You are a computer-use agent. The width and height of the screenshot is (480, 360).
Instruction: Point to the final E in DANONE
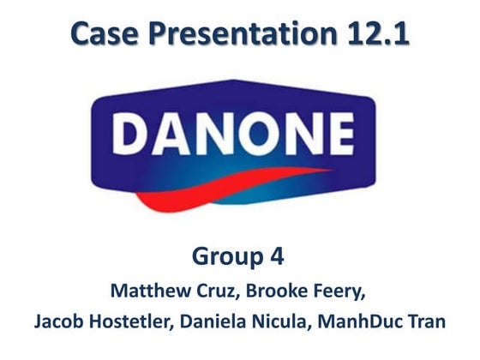tap(337, 136)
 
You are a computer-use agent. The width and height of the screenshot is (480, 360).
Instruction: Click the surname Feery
tap(339, 291)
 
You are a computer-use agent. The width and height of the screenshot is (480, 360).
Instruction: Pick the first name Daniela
tap(224, 322)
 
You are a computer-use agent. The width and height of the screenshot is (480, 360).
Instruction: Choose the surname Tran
tap(428, 322)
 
